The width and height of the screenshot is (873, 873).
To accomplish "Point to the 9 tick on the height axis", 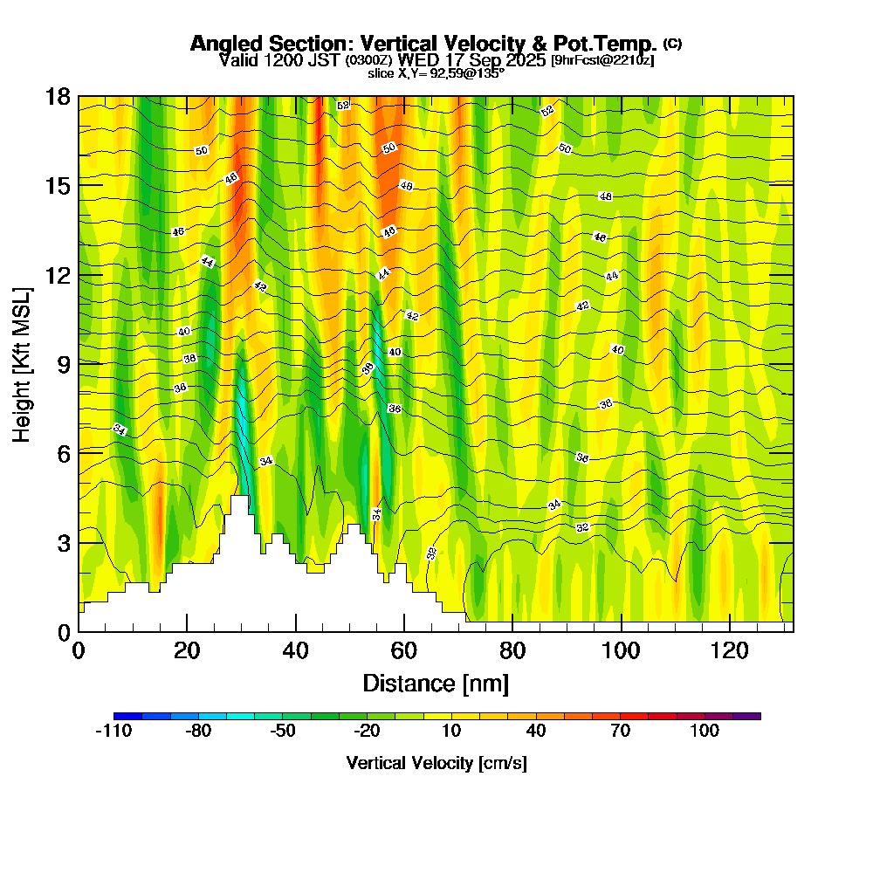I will (x=79, y=363).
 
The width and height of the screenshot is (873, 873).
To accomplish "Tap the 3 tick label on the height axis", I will (x=63, y=542).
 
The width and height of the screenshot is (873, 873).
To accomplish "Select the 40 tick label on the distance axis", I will (x=296, y=650).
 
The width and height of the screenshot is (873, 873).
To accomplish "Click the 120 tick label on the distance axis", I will (x=729, y=650).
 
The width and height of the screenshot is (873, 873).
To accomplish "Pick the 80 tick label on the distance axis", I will (x=512, y=650).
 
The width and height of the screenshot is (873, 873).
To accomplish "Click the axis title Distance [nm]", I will (x=436, y=683).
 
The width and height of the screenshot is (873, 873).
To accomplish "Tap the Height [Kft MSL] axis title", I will (x=23, y=363).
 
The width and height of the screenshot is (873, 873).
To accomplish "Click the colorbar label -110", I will (x=113, y=732).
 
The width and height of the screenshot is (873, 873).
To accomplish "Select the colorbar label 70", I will (x=620, y=732).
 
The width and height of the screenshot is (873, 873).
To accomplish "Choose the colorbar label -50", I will (x=282, y=732).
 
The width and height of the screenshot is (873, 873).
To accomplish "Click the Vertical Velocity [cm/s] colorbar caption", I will (x=436, y=763).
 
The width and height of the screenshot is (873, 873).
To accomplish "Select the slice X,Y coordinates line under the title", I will (x=436, y=74).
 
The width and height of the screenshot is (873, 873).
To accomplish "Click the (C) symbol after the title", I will (x=673, y=43).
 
